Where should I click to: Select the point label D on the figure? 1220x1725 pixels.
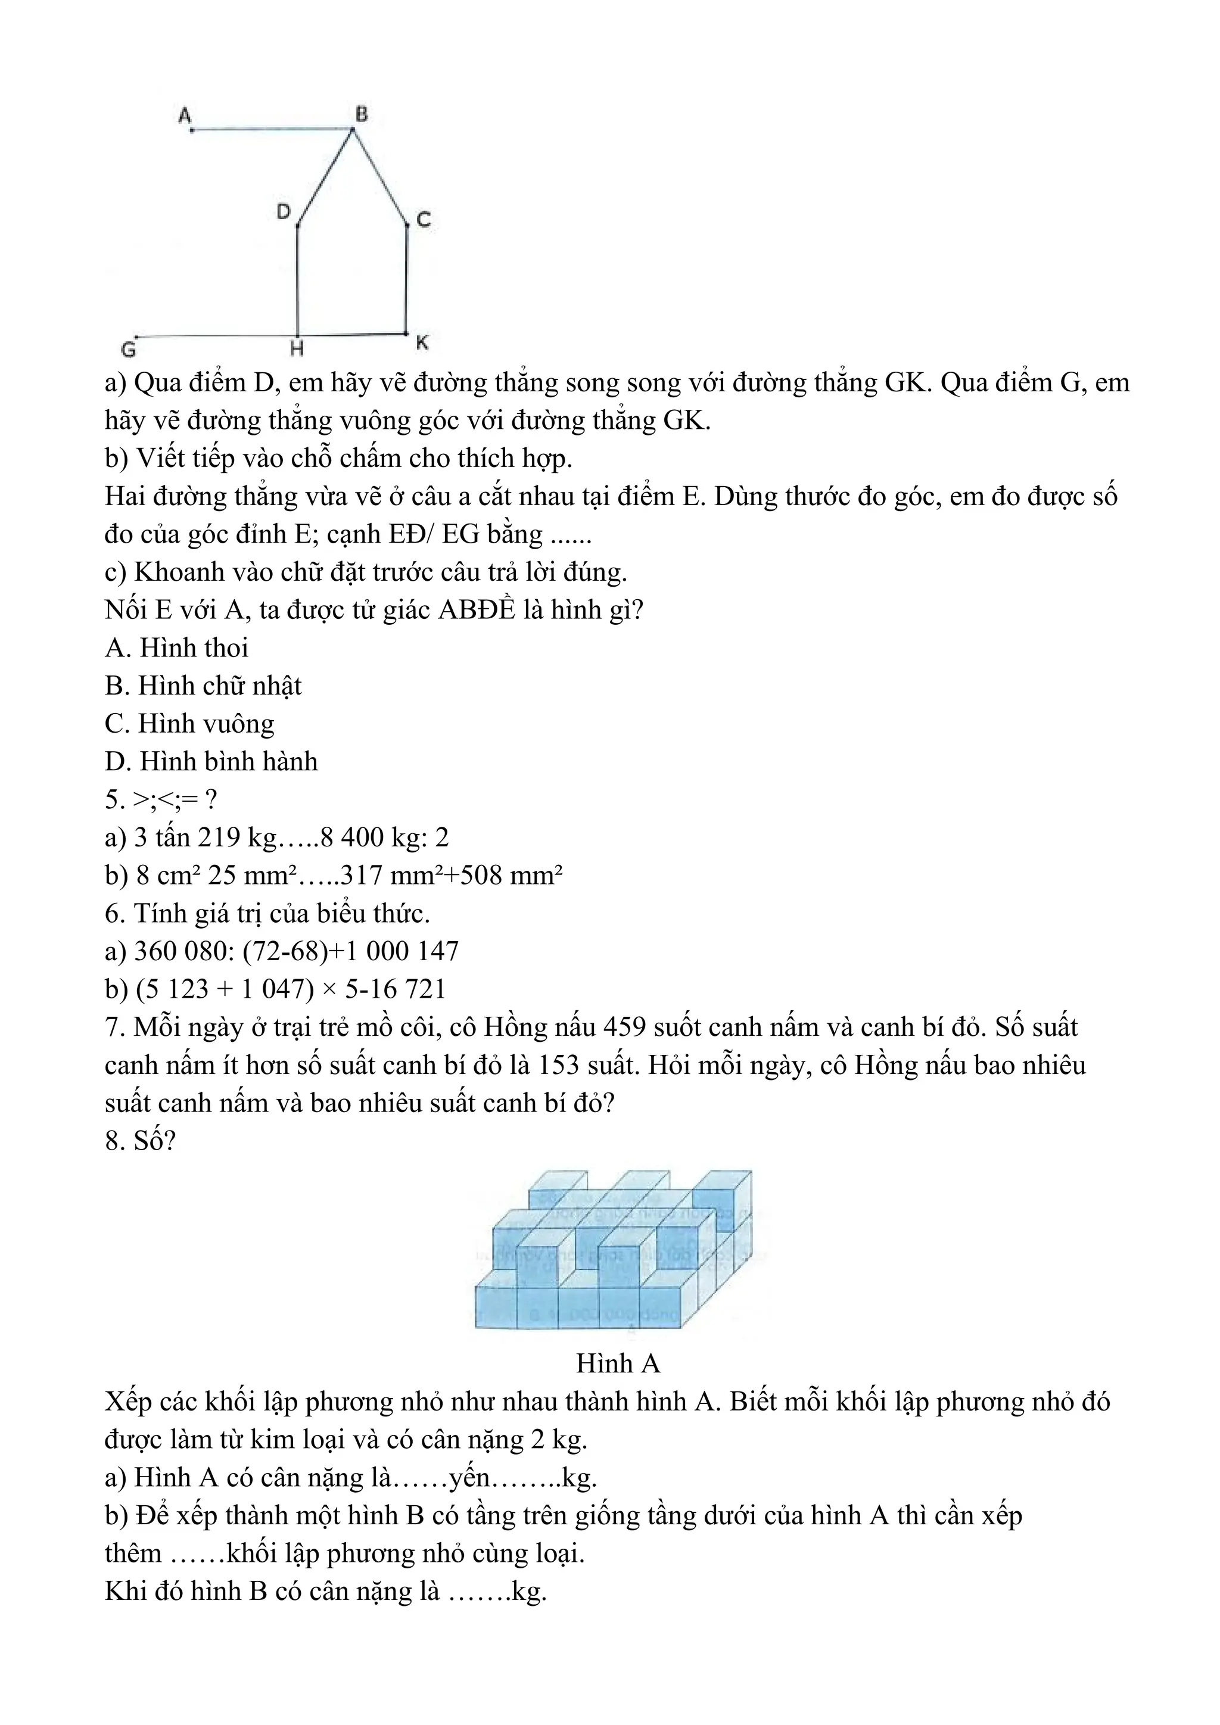point(283,213)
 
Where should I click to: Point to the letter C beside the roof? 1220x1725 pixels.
point(424,220)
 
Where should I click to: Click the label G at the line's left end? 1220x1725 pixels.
point(129,350)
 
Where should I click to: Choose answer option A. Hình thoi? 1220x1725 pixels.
point(176,647)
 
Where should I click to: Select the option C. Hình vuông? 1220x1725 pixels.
point(189,724)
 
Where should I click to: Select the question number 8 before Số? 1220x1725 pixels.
point(113,1141)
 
